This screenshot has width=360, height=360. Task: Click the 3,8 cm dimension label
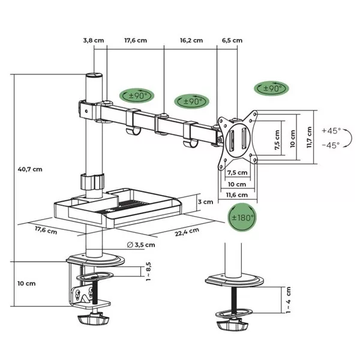[94, 41]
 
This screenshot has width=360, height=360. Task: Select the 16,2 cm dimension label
[191, 41]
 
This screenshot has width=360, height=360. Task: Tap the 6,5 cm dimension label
[232, 41]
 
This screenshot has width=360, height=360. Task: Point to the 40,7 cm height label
[29, 169]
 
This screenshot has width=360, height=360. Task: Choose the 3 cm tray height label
[205, 202]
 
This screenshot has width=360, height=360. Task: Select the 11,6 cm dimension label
[238, 195]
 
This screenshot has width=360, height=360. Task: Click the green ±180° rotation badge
[242, 218]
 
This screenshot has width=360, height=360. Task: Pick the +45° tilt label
[331, 130]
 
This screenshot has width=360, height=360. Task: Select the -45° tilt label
[331, 145]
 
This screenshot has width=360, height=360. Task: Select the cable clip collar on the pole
[92, 181]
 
